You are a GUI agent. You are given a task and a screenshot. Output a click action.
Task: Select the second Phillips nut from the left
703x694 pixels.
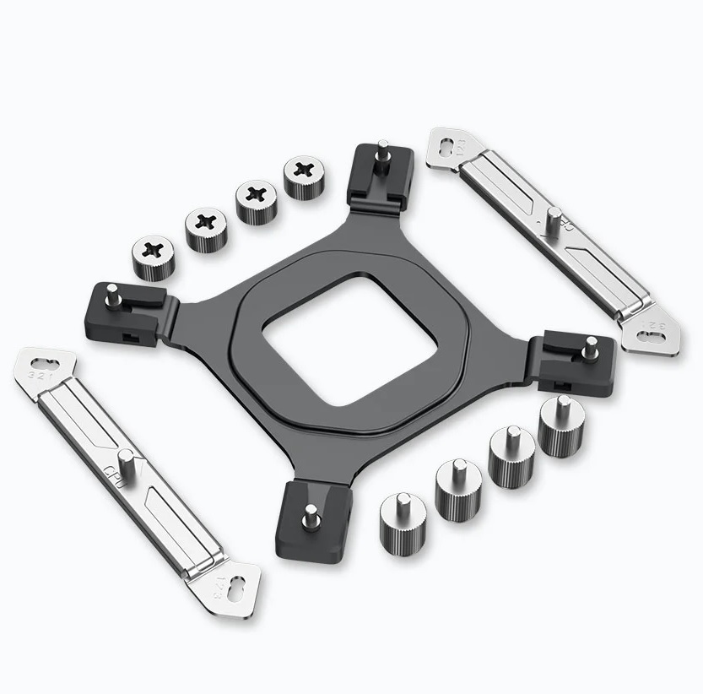point(204,226)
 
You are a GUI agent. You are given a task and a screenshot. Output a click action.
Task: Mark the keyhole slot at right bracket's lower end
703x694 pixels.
point(653,337)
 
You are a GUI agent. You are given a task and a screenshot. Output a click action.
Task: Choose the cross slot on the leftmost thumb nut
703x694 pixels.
point(153,250)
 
